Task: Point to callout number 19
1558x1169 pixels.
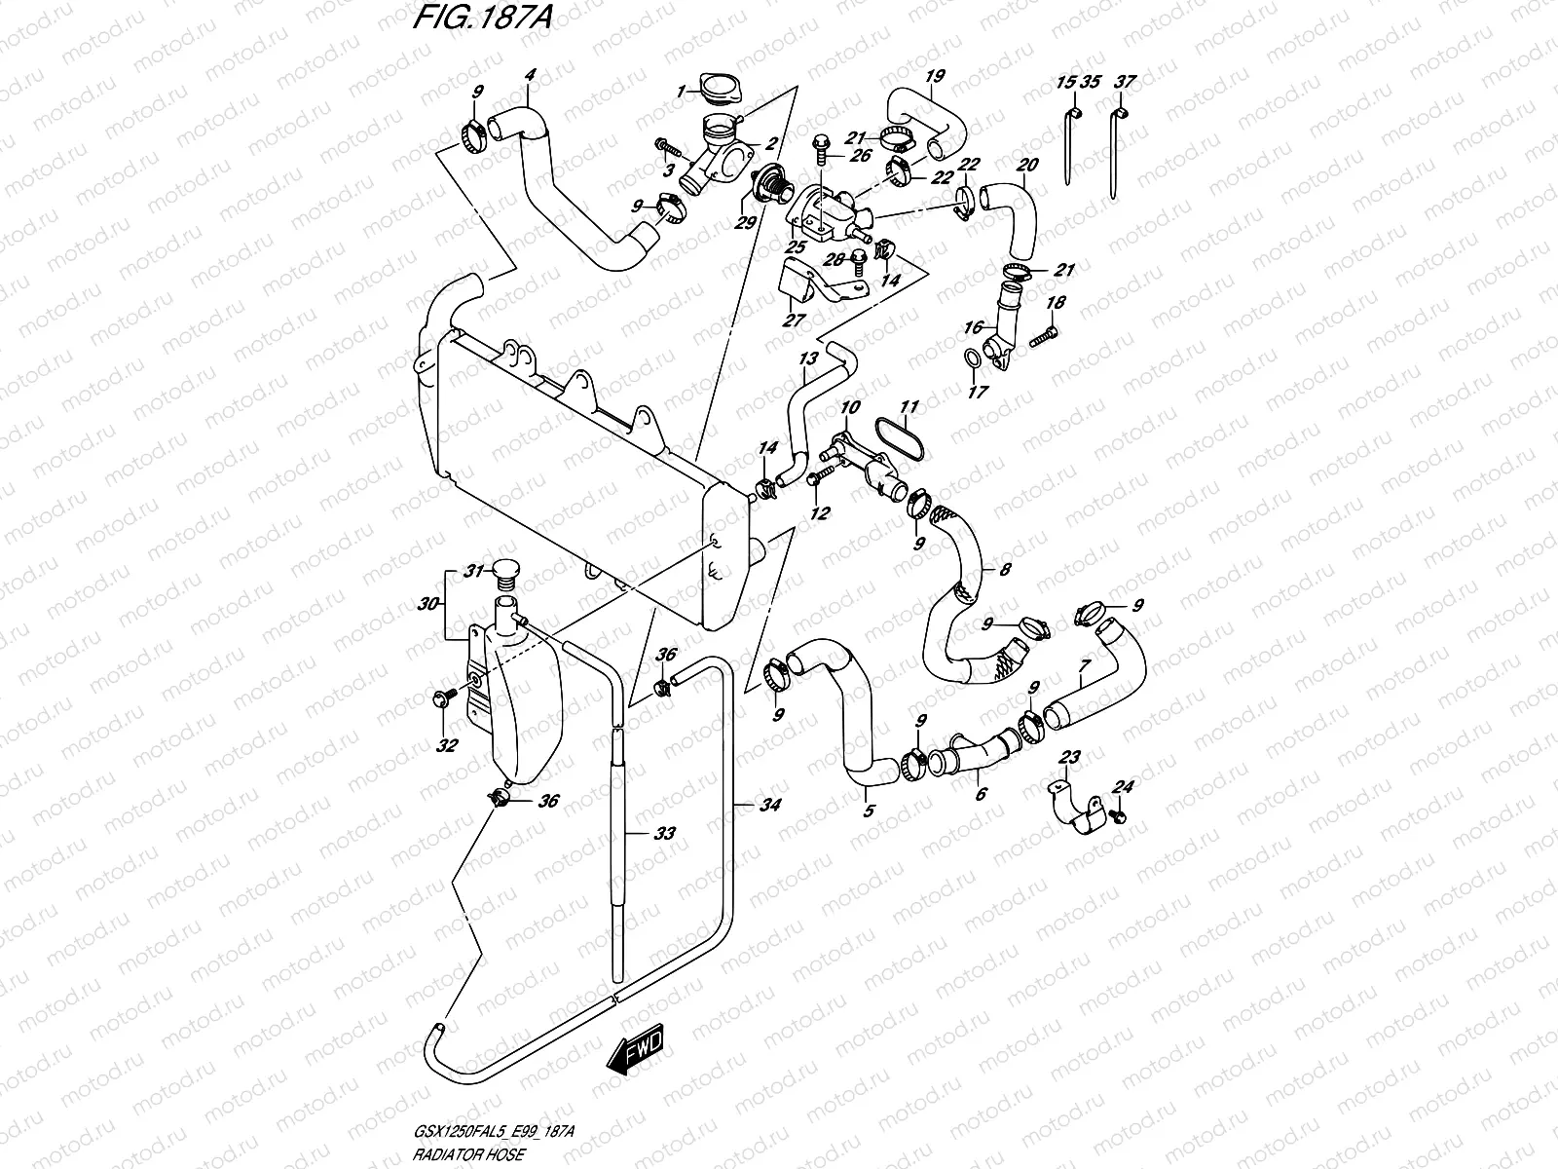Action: pos(934,77)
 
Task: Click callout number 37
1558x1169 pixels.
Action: pos(1125,82)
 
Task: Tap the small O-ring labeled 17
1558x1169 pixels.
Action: pos(972,361)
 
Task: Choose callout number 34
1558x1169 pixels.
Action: pos(769,805)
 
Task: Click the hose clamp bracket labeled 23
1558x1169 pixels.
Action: pos(1071,811)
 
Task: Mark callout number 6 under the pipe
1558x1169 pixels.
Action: pos(980,794)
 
